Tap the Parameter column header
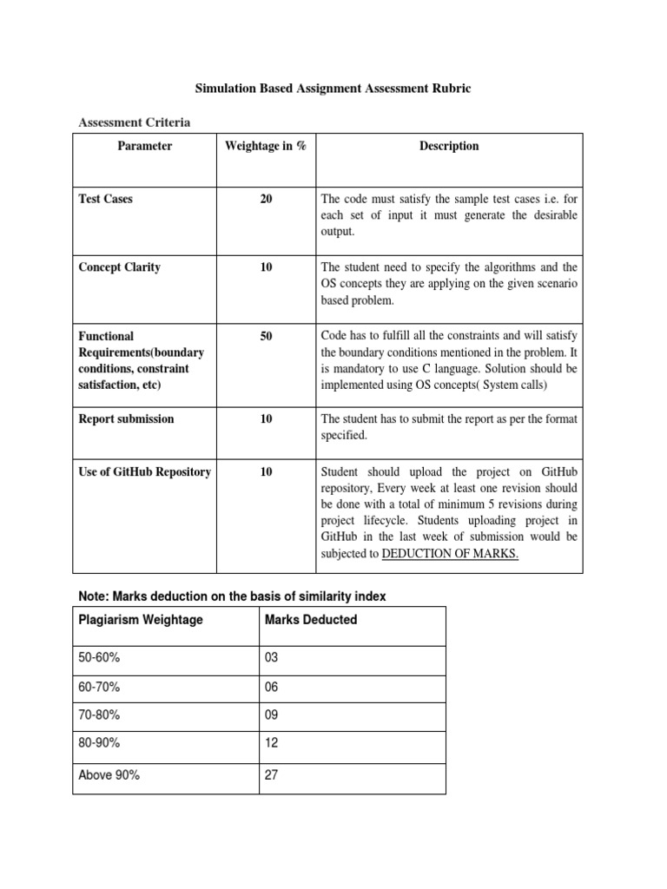(145, 146)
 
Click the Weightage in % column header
(265, 146)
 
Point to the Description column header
(449, 146)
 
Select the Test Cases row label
(105, 199)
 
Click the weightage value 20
(266, 199)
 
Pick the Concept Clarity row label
(119, 267)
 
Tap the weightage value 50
(266, 335)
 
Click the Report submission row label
(126, 418)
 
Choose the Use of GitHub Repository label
(144, 471)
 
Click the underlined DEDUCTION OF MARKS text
(450, 554)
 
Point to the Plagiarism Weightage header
(141, 620)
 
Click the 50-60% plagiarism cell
(99, 658)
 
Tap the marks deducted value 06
(271, 688)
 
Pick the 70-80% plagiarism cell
(99, 716)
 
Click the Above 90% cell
(109, 775)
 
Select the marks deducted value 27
(270, 775)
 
